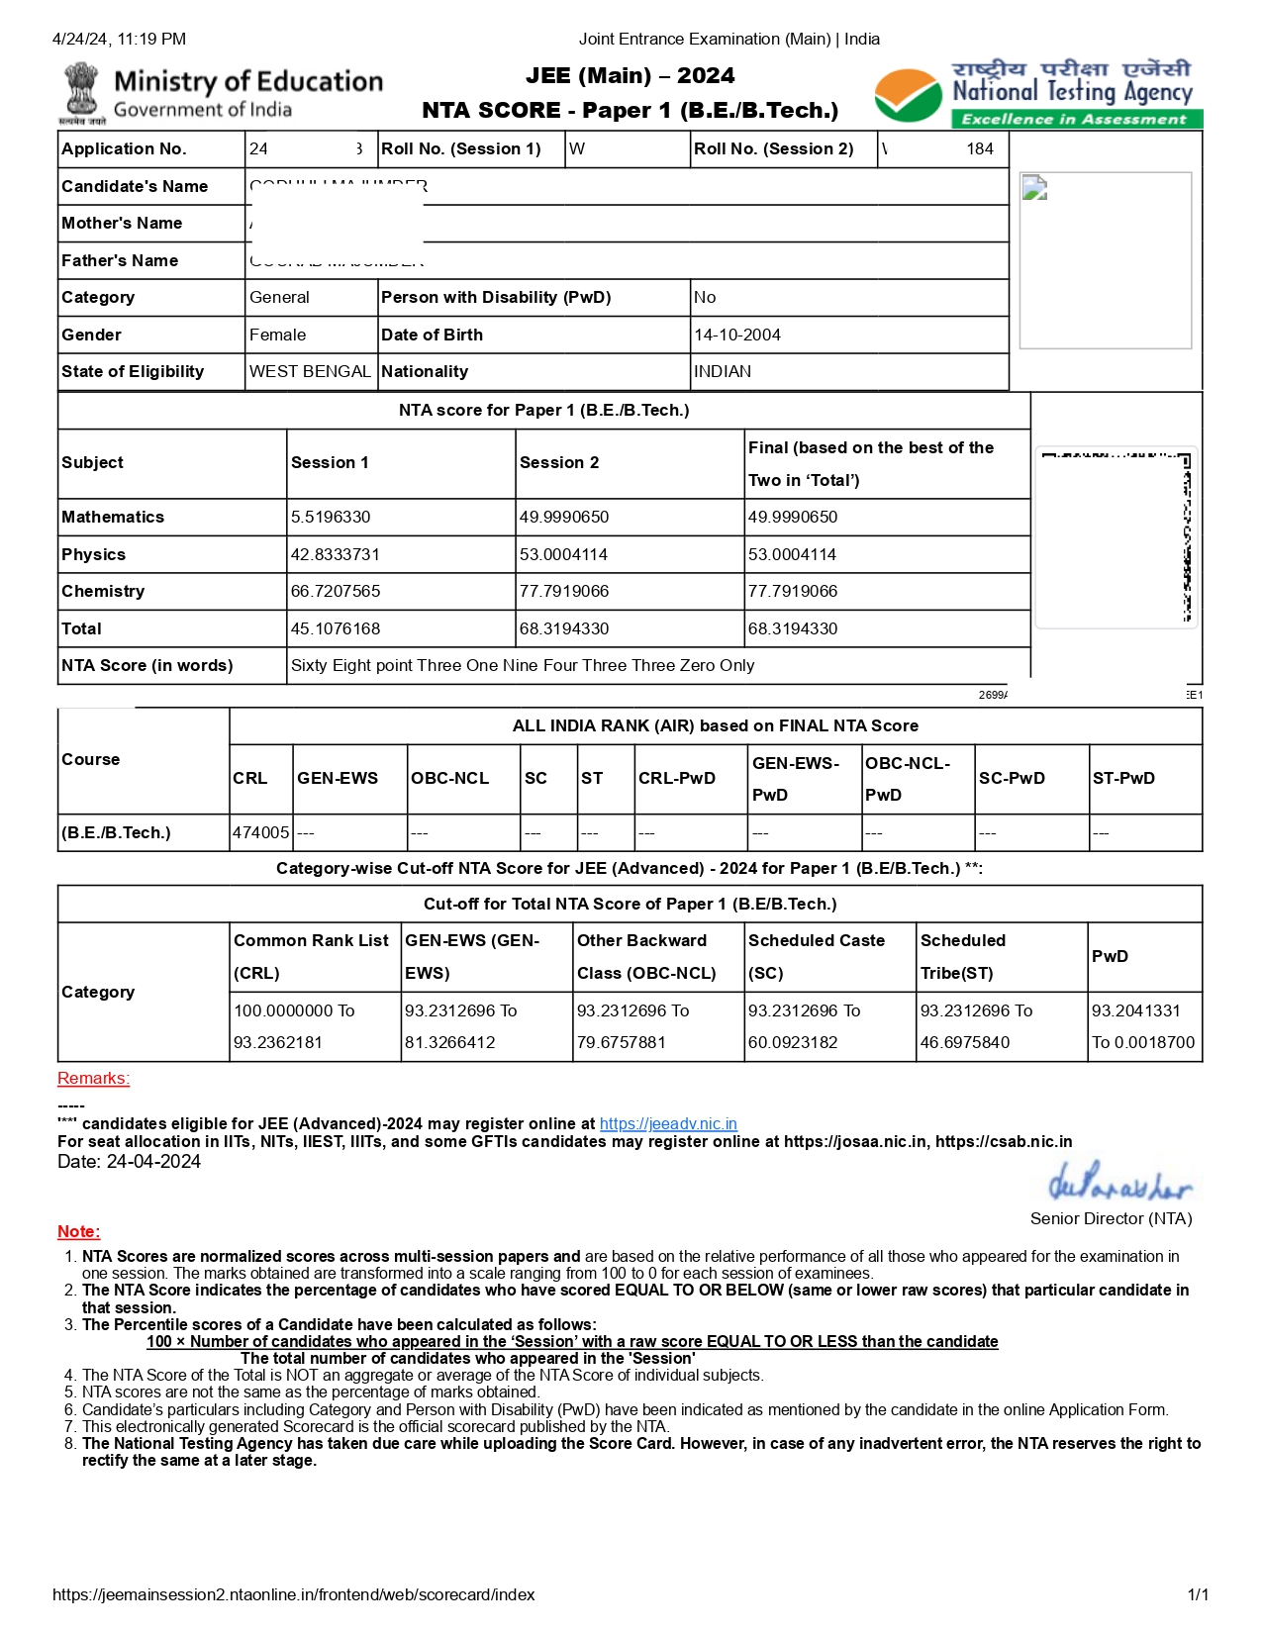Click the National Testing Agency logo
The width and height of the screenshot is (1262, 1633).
[x=1037, y=95]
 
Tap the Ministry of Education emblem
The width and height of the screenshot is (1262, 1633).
[x=83, y=93]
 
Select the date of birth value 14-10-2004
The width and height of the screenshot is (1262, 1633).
[x=736, y=335]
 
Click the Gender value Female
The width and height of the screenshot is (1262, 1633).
[x=277, y=335]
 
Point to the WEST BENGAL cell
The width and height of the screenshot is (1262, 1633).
[x=310, y=371]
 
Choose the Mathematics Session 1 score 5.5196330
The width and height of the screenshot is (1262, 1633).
[x=331, y=517]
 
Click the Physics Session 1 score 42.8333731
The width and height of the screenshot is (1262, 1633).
[x=335, y=554]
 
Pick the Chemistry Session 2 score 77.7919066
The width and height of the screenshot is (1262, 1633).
[x=564, y=591]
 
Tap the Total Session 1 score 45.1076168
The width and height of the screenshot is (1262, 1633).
[x=335, y=628]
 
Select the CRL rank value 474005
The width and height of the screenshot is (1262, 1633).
[x=260, y=832]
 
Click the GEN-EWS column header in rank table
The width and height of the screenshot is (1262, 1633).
[x=338, y=778]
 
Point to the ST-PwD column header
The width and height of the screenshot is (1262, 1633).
[x=1123, y=778]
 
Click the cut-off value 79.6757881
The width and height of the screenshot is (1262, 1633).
[x=622, y=1042]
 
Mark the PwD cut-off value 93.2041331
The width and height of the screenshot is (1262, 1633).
[x=1135, y=1010]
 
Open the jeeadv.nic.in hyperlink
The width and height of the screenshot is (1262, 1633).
[x=668, y=1123]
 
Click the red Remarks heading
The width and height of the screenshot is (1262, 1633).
[x=93, y=1078]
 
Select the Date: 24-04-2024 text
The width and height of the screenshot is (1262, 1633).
[x=129, y=1161]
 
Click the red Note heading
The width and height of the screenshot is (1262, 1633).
[x=78, y=1231]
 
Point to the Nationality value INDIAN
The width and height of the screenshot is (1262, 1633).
[x=723, y=371]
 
